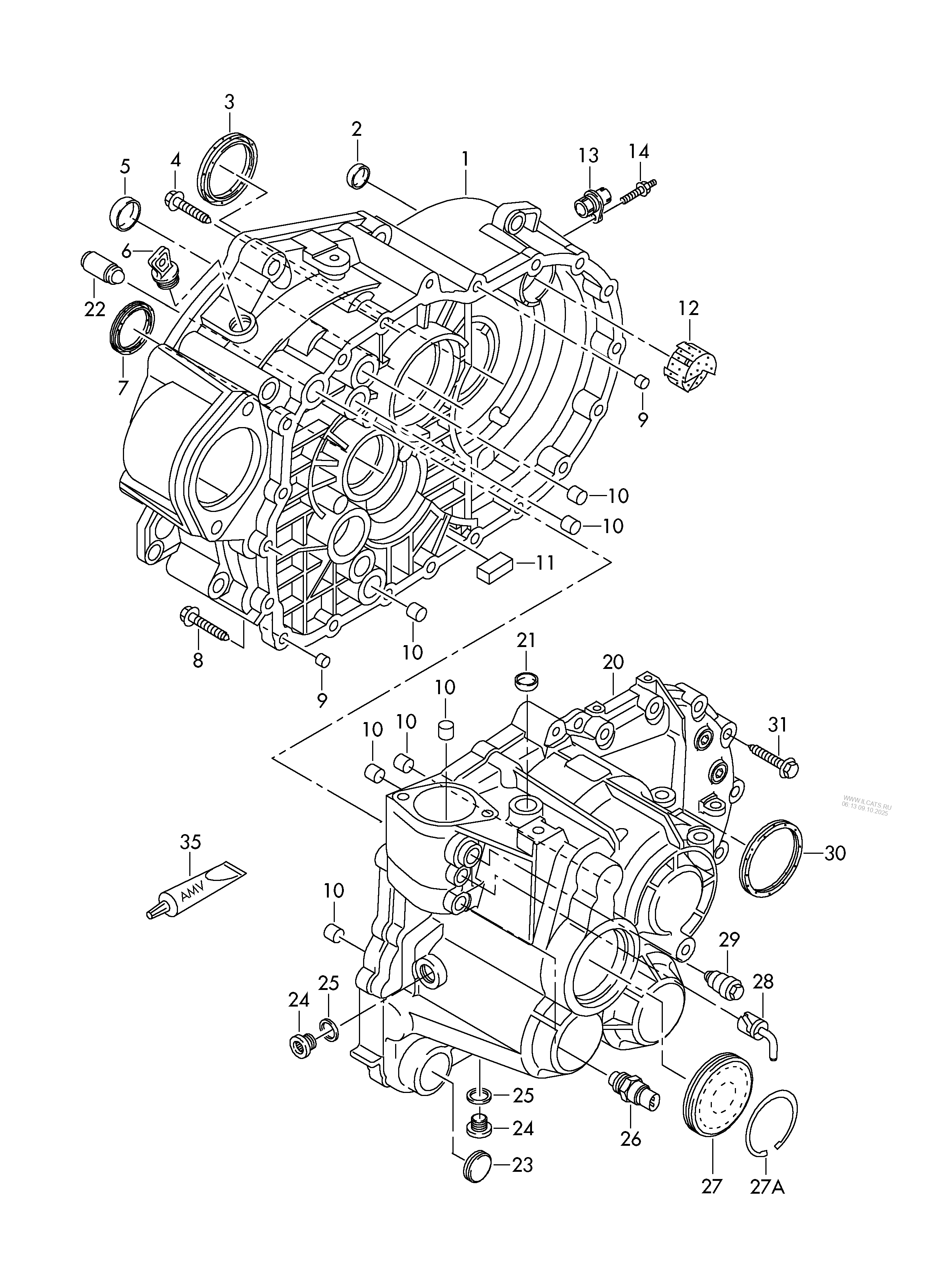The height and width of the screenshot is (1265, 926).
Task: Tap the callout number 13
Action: point(589,156)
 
